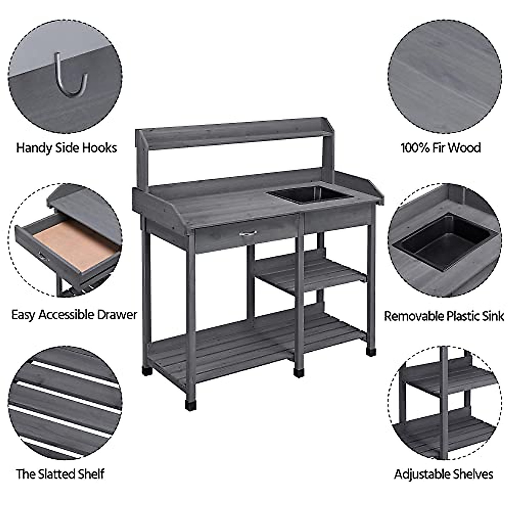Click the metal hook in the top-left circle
(x=70, y=77)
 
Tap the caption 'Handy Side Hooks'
(x=66, y=148)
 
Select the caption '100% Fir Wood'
(x=440, y=148)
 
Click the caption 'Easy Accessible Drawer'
(x=74, y=315)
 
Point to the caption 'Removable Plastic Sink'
(x=444, y=316)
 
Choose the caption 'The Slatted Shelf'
(x=60, y=474)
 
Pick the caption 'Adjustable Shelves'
(x=443, y=474)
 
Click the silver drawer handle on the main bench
(x=248, y=233)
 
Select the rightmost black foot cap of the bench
(x=371, y=352)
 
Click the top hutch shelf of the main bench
(x=234, y=128)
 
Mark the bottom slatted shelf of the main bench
(x=255, y=345)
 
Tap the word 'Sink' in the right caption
(x=493, y=316)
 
